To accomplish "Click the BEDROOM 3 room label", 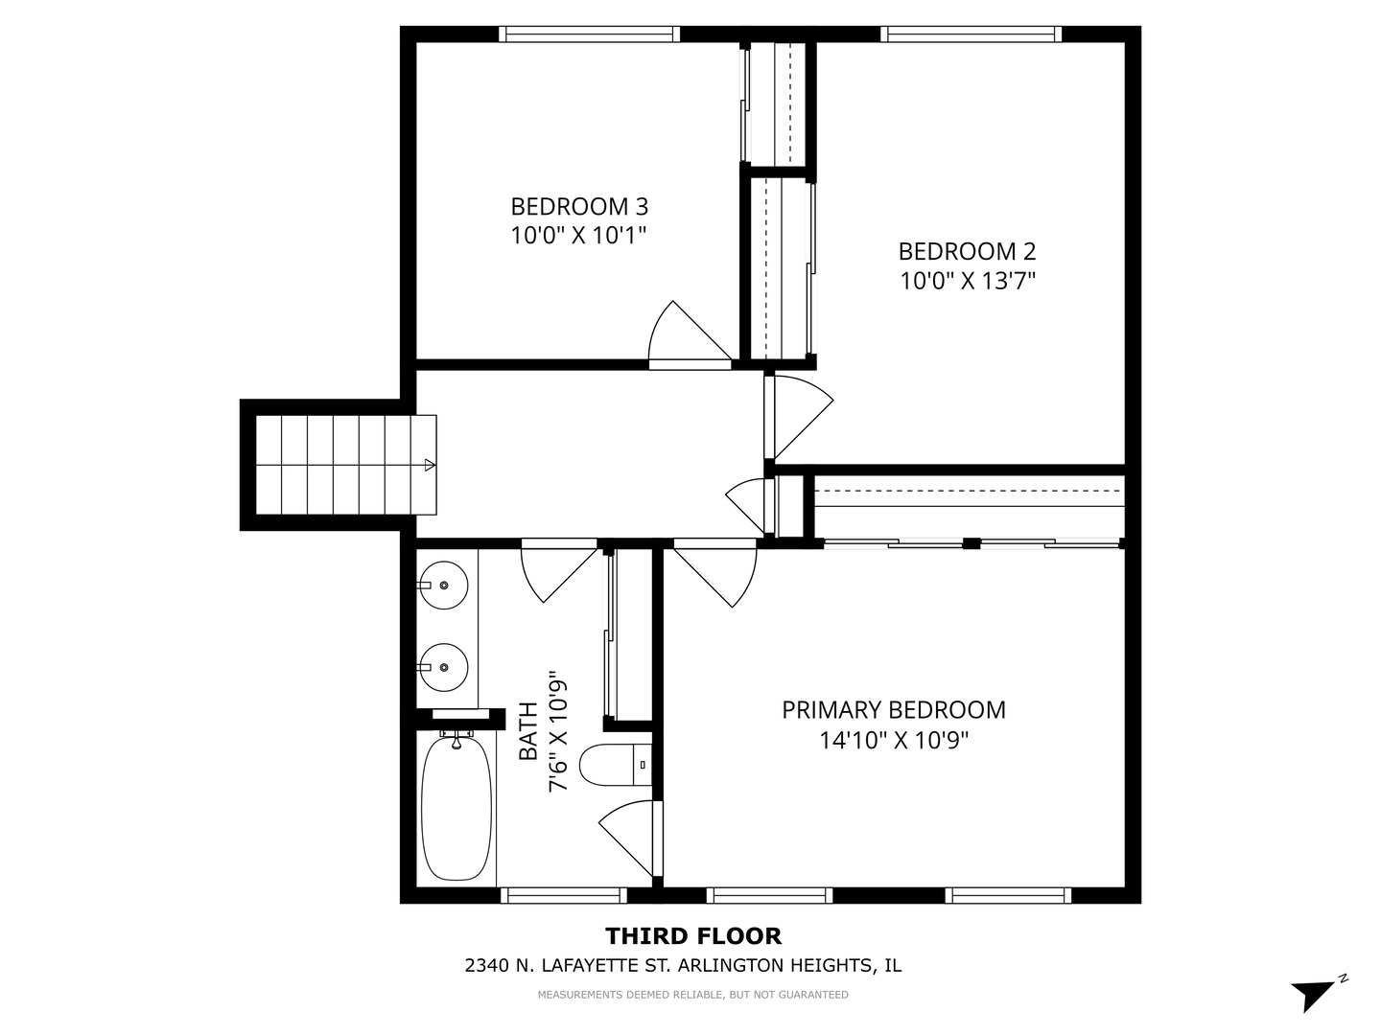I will click(x=579, y=206).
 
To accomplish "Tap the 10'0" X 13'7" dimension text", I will click(x=968, y=281).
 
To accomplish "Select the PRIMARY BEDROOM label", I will click(x=894, y=710).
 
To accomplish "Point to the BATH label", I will click(x=528, y=731).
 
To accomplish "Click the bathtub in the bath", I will click(x=457, y=808).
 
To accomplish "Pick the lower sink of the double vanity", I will click(x=443, y=666).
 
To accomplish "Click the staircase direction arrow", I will click(x=429, y=466).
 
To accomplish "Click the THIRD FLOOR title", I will click(x=692, y=935).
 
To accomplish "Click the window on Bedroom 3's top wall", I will click(x=589, y=34).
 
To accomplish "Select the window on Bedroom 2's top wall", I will click(x=971, y=34).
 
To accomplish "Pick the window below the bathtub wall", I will click(x=563, y=895).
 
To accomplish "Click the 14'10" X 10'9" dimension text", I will click(x=894, y=741).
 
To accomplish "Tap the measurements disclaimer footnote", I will click(x=692, y=995).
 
